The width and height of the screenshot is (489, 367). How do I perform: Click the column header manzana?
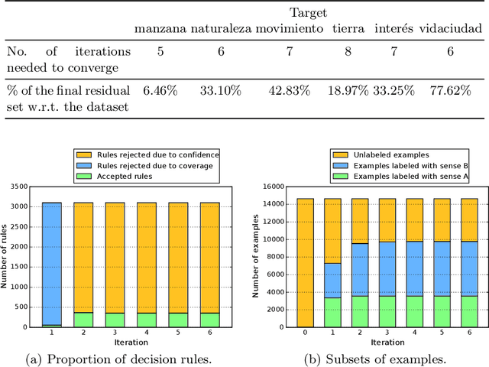click(160, 29)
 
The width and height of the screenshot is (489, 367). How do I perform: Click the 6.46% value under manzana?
click(160, 90)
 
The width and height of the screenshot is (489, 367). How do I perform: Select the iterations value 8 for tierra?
click(348, 54)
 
